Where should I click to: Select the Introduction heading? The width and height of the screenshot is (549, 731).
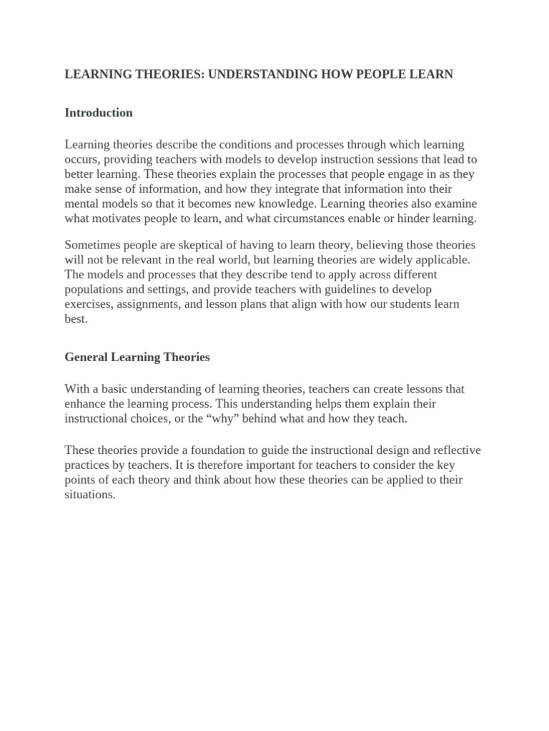point(99,113)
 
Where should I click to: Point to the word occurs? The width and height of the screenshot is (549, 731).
point(81,159)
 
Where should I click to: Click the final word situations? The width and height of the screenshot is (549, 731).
point(89,495)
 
